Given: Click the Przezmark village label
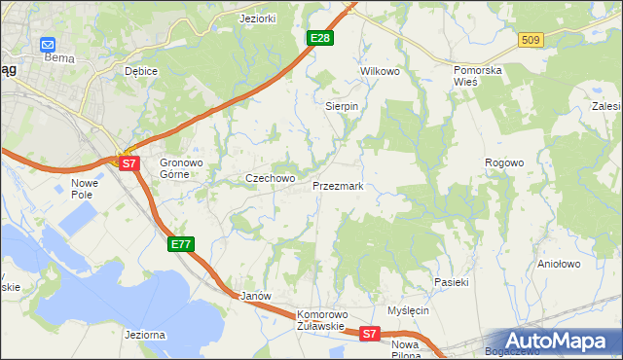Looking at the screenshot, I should tap(338, 185).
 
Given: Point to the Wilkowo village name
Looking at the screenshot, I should tap(381, 72).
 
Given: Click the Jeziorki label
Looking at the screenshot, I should tap(259, 18).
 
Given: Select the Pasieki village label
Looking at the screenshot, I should tap(452, 282).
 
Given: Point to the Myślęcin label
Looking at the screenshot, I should tap(408, 310).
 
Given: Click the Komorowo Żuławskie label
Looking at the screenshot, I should tap(322, 320).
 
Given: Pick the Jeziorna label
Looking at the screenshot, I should tap(145, 335).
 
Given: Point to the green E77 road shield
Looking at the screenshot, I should tap(181, 244).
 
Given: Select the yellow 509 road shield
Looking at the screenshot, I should tap(530, 40).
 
